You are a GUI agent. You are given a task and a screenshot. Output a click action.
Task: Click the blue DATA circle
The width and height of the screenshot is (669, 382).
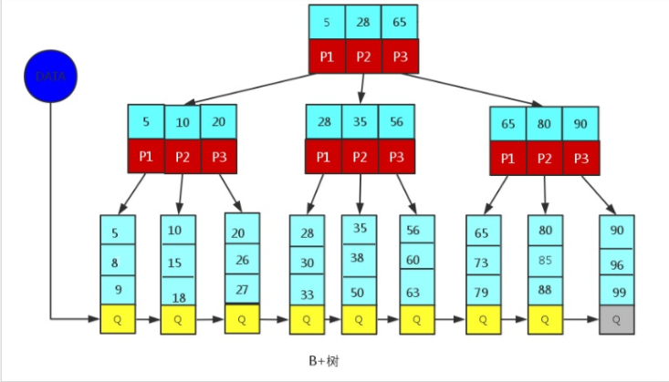[50, 77]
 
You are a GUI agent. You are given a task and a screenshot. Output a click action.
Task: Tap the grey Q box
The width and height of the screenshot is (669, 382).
[617, 319]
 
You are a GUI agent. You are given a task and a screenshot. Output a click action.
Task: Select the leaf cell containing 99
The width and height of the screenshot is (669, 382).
[617, 291]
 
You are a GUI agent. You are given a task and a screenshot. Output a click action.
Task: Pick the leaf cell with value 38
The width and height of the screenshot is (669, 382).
[358, 258]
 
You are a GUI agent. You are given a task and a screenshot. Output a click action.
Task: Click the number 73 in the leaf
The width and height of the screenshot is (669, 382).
[483, 262]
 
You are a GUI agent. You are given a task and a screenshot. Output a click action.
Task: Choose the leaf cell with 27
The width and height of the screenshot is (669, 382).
[242, 291]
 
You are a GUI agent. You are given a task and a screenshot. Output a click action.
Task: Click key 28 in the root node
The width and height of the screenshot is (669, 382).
[363, 21]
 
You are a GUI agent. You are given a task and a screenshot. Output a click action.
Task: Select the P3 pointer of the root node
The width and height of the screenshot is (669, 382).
[400, 57]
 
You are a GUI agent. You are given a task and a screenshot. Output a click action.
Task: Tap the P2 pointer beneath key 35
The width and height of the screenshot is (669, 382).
[360, 156]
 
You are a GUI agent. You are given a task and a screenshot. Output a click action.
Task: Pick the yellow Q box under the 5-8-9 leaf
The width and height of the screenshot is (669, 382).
[118, 319]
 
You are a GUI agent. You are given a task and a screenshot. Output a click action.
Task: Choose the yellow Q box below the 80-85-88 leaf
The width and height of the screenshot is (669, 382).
[546, 319]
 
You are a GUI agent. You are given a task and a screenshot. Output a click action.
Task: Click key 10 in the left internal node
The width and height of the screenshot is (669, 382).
[183, 121]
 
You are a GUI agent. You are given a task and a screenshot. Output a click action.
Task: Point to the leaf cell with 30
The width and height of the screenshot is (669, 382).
[307, 262]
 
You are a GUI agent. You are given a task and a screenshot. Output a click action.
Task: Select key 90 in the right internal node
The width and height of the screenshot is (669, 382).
[581, 121]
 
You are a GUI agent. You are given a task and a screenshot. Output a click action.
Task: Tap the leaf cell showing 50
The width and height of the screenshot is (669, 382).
[358, 291]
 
